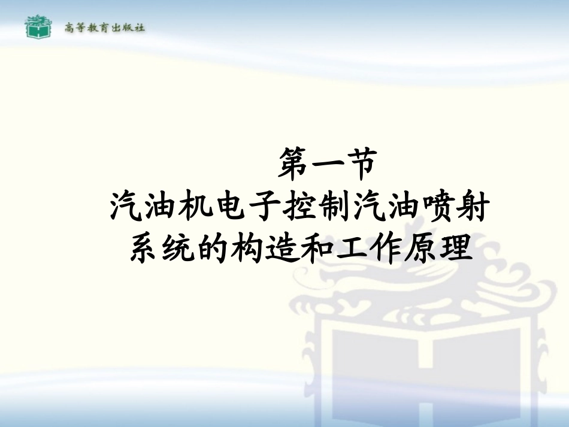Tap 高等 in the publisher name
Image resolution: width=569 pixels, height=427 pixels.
pyautogui.click(x=74, y=28)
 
